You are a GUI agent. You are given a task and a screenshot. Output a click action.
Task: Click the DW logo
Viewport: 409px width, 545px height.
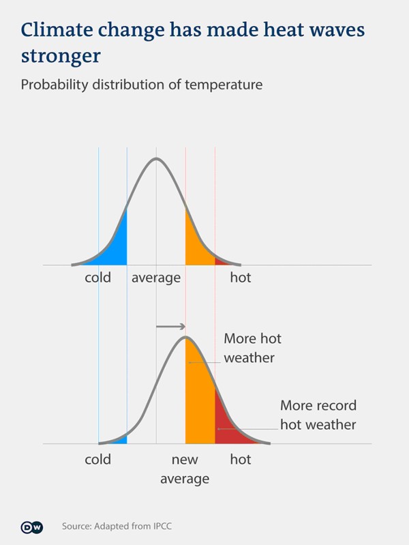click(31, 527)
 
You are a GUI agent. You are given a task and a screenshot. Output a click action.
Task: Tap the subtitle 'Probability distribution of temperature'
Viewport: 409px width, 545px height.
click(141, 85)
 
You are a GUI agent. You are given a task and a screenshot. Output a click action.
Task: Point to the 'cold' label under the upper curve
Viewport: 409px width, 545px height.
click(97, 278)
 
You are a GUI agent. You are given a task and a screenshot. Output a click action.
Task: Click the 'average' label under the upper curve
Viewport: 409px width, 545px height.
click(156, 278)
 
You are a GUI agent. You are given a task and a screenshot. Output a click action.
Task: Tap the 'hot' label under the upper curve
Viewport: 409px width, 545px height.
click(240, 278)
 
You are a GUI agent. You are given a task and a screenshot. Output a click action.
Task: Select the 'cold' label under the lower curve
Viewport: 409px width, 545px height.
click(97, 459)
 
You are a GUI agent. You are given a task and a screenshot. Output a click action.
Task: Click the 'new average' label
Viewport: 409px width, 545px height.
click(185, 469)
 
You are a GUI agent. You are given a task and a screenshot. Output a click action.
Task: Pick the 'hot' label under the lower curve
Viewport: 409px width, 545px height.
click(240, 459)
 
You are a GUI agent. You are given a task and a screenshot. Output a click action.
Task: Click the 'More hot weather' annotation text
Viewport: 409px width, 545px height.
click(252, 348)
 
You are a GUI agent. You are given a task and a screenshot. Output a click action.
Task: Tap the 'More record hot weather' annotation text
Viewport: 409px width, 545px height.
click(318, 415)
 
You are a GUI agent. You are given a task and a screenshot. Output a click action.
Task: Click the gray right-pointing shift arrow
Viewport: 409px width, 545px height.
click(170, 327)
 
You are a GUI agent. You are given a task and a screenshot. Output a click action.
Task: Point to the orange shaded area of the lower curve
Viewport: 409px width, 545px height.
click(199, 402)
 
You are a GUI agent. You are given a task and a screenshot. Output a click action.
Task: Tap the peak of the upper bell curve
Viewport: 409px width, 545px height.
click(156, 159)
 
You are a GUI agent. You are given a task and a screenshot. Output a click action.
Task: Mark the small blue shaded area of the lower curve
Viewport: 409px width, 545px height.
click(121, 440)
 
